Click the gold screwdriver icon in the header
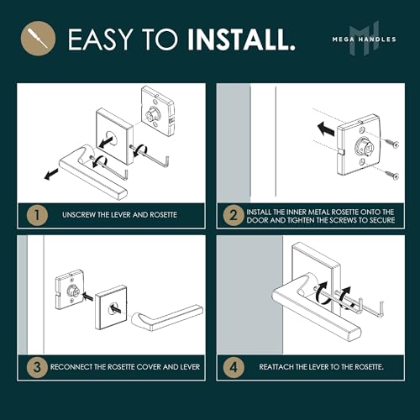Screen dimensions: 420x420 point(38,39)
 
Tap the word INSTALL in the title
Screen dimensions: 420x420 point(241,39)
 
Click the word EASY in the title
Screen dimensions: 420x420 point(100,39)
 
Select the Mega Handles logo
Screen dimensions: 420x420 point(365,39)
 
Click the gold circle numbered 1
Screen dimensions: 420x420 point(37,215)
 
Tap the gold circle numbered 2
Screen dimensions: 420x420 point(234,216)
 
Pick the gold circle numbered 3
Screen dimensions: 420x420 point(37,367)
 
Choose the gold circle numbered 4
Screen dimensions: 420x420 point(234,367)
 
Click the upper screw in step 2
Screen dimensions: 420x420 point(391,143)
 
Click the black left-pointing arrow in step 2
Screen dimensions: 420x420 point(326,129)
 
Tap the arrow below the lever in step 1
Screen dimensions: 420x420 point(52,174)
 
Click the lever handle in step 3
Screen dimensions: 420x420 point(167,318)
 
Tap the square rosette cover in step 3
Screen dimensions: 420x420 point(111,307)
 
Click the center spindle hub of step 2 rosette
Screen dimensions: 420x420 point(364,146)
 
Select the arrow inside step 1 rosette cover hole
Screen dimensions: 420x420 point(106,141)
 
